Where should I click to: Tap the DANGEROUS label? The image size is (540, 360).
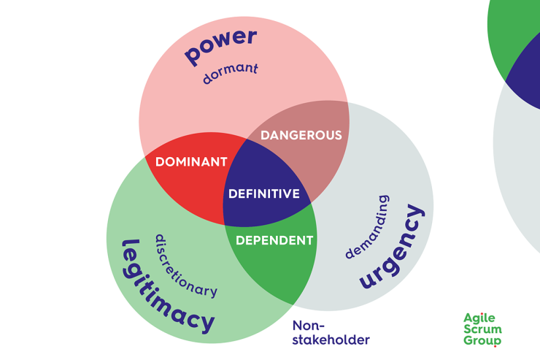(x=301, y=135)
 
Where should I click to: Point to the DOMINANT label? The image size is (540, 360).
(x=191, y=162)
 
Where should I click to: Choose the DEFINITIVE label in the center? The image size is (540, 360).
(x=264, y=194)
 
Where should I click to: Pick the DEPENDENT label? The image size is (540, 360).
(x=274, y=240)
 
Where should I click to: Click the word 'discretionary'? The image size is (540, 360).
(x=185, y=266)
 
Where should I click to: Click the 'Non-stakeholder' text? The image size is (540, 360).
(x=331, y=332)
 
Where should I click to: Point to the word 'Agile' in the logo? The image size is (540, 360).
(x=479, y=318)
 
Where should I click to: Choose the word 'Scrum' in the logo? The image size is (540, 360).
(x=482, y=329)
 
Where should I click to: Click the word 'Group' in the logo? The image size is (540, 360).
(x=482, y=340)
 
